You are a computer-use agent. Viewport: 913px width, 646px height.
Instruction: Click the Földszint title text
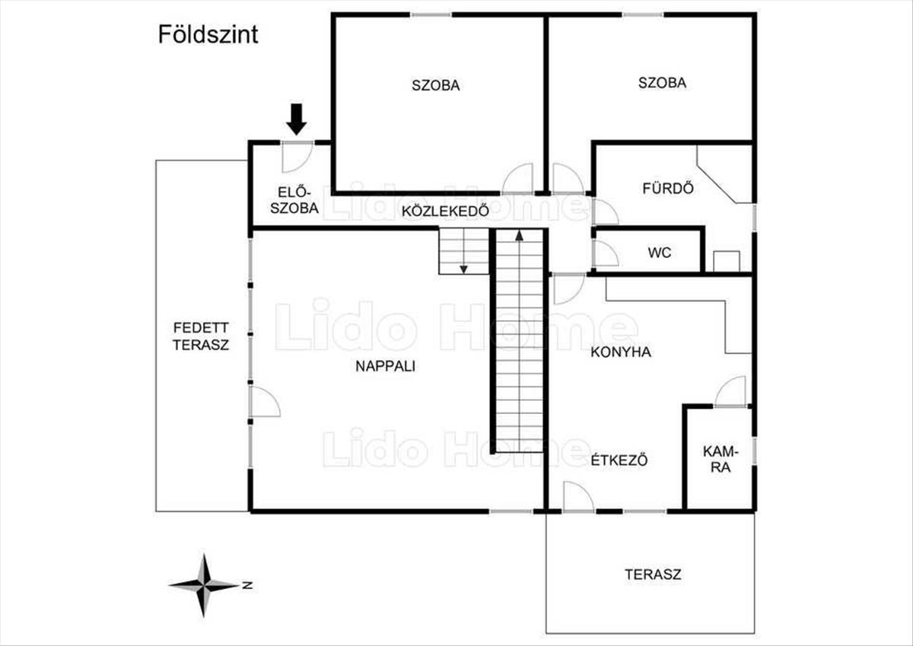click(x=208, y=35)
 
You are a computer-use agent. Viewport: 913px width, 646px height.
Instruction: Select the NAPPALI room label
click(x=385, y=366)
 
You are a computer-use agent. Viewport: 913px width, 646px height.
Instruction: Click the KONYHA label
click(x=621, y=352)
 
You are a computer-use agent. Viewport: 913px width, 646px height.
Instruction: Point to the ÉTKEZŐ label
click(x=619, y=460)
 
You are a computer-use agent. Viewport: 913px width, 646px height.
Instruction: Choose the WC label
click(x=660, y=253)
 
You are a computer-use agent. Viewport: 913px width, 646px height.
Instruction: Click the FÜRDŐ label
click(x=657, y=188)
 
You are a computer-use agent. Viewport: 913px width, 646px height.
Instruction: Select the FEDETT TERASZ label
click(x=201, y=336)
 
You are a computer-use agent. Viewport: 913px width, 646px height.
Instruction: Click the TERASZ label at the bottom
click(x=653, y=574)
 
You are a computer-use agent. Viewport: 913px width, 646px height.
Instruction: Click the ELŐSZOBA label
click(x=293, y=200)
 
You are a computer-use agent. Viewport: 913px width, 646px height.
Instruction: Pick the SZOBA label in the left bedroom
click(x=436, y=85)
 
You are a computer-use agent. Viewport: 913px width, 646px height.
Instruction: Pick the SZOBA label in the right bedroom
click(x=662, y=83)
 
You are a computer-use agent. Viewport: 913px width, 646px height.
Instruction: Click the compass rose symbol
click(x=203, y=585)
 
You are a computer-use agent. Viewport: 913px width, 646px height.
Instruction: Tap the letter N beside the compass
click(x=247, y=585)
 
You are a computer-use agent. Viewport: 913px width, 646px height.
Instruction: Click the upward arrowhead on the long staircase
click(x=520, y=235)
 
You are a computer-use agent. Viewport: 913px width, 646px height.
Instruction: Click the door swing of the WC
click(x=605, y=254)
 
